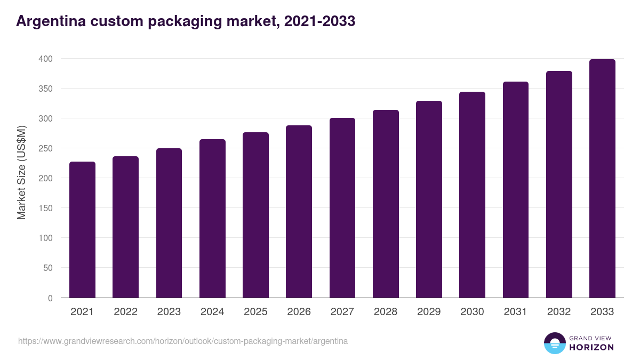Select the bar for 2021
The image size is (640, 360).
point(82,229)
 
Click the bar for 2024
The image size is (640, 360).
point(212,219)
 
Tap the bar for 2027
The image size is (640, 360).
point(342,208)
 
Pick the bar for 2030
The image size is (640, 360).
point(472,195)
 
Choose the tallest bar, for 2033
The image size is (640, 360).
point(602,179)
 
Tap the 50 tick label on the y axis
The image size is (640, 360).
point(48,268)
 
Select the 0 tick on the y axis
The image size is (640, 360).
point(50,298)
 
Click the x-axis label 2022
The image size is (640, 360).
point(125,312)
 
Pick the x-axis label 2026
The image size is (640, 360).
point(299,312)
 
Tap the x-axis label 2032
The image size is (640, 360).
point(559,312)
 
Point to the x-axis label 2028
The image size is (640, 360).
point(386,312)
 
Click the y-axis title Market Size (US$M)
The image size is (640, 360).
point(21,172)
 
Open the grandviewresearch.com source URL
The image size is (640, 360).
point(183,341)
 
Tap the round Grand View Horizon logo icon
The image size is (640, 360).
point(554,343)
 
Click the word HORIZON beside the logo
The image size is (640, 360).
point(591,347)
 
